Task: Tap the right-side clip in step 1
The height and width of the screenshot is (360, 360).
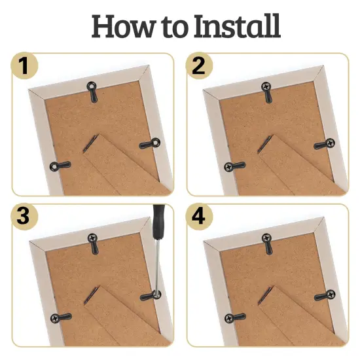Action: pos(151,143)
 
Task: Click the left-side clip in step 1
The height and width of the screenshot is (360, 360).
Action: pos(56,167)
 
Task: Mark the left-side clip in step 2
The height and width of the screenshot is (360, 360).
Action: pos(232,167)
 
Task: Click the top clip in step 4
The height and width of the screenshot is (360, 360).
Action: pos(267,243)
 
